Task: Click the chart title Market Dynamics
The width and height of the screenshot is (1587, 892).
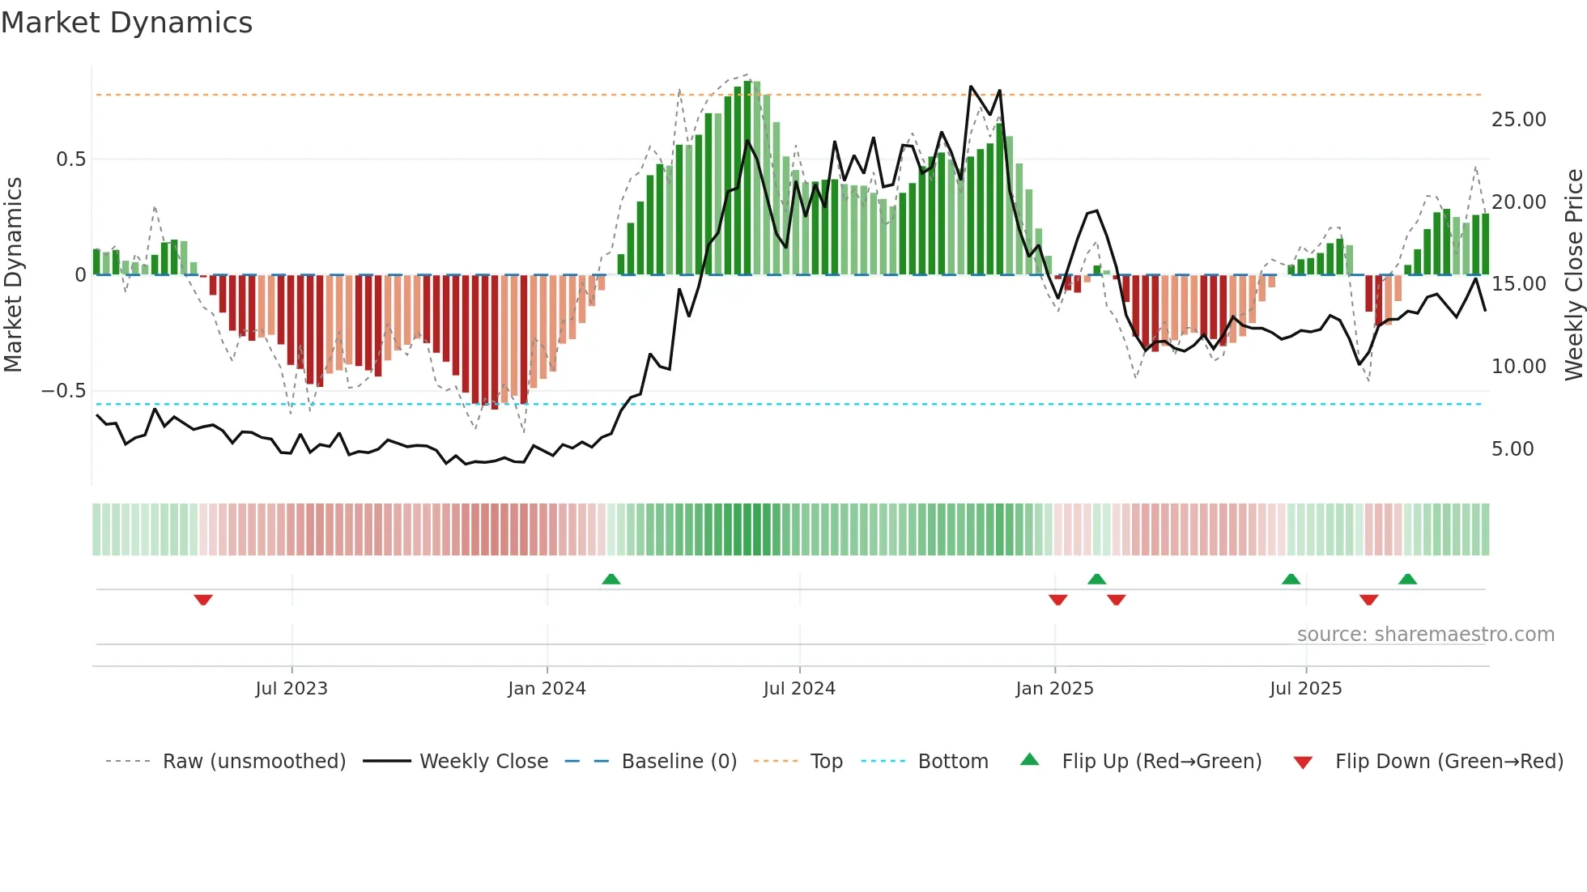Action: click(x=126, y=23)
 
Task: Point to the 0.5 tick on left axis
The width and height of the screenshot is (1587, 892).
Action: click(x=70, y=159)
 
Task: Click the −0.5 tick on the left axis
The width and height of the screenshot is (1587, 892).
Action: click(x=63, y=391)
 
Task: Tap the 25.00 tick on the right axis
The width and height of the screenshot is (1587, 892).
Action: click(x=1518, y=120)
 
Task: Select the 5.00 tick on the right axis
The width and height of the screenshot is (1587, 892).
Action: click(x=1512, y=449)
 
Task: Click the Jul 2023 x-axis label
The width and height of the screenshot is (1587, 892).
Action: click(x=291, y=689)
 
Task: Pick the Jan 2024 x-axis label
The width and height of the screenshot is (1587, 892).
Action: click(x=547, y=689)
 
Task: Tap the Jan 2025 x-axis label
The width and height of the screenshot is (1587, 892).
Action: click(x=1054, y=689)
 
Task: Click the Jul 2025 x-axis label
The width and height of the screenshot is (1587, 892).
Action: click(x=1305, y=689)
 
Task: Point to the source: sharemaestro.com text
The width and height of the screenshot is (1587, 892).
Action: click(x=1425, y=635)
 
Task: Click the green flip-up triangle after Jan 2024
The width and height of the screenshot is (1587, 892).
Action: click(x=611, y=580)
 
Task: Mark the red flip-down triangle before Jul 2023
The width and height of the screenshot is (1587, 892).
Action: click(x=203, y=600)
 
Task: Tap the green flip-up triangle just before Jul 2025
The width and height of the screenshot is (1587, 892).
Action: click(x=1291, y=580)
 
